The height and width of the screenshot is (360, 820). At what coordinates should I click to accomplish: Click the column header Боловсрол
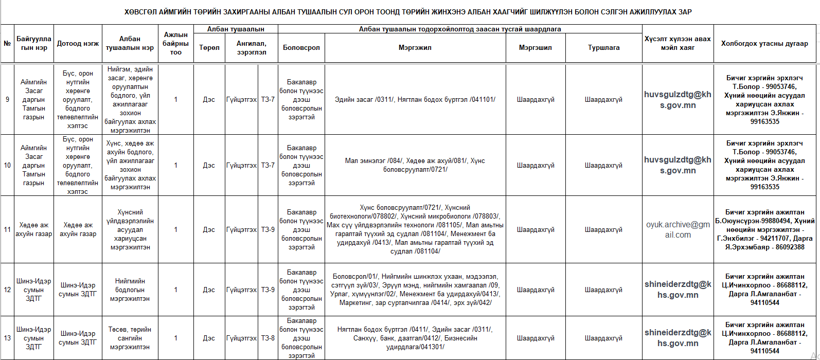pos(301,48)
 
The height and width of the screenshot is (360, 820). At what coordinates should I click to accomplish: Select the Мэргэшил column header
pos(535,48)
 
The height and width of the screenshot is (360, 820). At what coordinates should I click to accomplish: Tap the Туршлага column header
pos(603,48)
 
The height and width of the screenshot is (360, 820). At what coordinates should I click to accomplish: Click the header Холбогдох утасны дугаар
pos(764,44)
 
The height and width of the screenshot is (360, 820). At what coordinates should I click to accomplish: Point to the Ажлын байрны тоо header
pos(175,44)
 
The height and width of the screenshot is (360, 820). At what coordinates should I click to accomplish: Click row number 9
pos(7,100)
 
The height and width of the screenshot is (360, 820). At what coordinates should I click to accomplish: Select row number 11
pos(7,230)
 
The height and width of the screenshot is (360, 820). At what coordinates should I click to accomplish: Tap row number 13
pos(7,338)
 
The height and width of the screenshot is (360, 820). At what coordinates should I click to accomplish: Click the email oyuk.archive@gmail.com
pos(678,230)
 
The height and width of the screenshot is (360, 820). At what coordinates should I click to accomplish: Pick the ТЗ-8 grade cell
pos(268,338)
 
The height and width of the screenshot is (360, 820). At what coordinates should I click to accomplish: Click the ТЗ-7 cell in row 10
pos(268,166)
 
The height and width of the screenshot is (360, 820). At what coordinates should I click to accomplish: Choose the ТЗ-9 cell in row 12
pos(268,290)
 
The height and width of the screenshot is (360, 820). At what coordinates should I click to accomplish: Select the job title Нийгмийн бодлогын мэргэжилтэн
pos(130,290)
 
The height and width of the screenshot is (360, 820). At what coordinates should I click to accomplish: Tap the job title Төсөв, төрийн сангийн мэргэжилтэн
pos(130,338)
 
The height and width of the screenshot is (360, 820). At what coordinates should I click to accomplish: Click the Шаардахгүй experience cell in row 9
pos(603,100)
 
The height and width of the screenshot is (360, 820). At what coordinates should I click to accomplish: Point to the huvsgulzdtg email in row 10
pos(678,166)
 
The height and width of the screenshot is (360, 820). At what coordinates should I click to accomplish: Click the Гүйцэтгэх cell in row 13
pos(241,338)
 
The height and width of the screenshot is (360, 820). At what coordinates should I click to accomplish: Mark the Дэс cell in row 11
pos(209,230)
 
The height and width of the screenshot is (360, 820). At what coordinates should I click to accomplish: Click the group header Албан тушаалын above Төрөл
pos(236,29)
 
